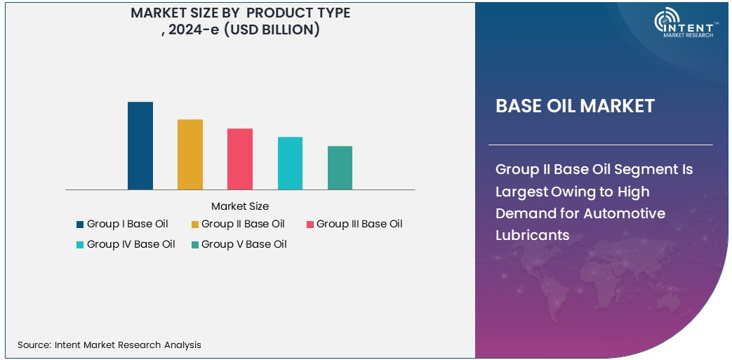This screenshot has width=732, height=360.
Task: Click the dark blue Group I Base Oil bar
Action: pyautogui.click(x=140, y=145)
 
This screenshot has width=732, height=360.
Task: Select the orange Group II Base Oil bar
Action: pyautogui.click(x=189, y=154)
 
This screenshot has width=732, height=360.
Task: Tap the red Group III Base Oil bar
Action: pyautogui.click(x=240, y=159)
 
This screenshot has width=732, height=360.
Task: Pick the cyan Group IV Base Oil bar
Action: pyautogui.click(x=290, y=163)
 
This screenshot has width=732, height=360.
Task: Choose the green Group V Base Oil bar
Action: pyautogui.click(x=340, y=168)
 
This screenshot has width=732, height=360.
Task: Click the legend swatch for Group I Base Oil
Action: pyautogui.click(x=80, y=225)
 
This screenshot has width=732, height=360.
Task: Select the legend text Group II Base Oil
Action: pyautogui.click(x=243, y=224)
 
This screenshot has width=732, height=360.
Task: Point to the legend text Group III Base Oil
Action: pyautogui.click(x=359, y=224)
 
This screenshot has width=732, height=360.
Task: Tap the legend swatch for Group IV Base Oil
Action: pyautogui.click(x=80, y=245)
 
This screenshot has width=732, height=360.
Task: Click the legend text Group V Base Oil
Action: pyautogui.click(x=244, y=244)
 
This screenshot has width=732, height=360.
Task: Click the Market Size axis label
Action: pyautogui.click(x=239, y=206)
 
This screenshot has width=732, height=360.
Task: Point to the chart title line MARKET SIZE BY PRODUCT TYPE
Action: pyautogui.click(x=240, y=13)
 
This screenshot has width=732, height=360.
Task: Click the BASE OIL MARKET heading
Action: pyautogui.click(x=575, y=106)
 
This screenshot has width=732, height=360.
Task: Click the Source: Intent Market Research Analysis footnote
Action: pyautogui.click(x=109, y=345)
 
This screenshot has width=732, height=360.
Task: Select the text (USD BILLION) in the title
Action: pyautogui.click(x=272, y=29)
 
